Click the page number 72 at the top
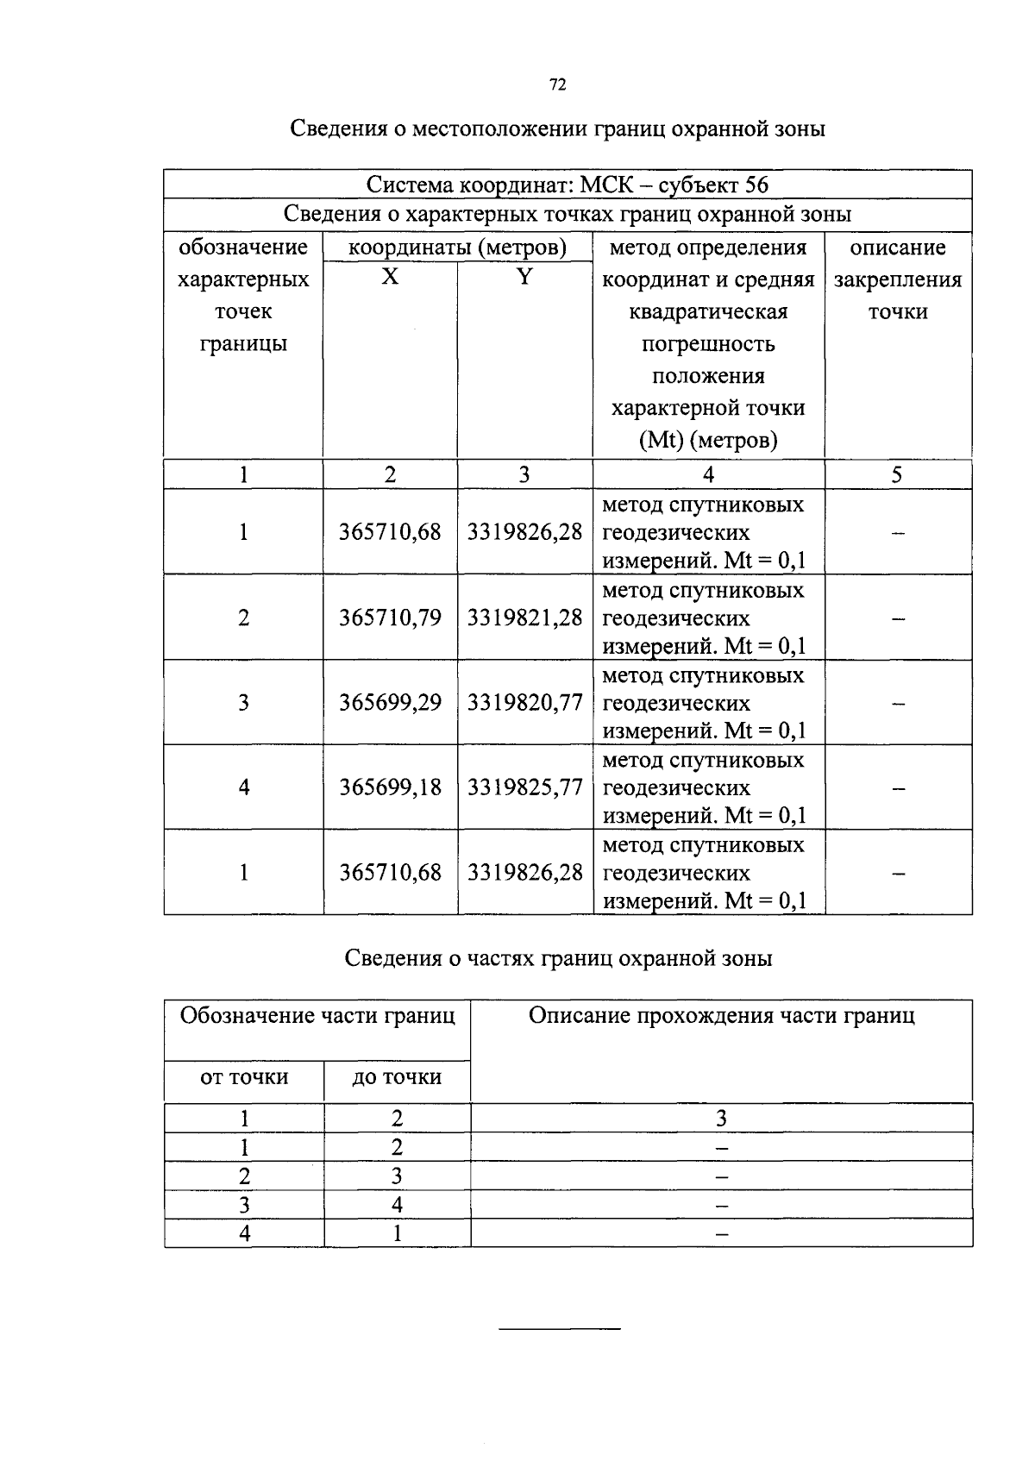point(557,85)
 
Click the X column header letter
point(391,277)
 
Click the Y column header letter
point(524,277)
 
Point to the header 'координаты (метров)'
point(457,248)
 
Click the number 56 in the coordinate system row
point(756,185)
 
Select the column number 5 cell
point(897,475)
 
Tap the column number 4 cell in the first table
point(708,475)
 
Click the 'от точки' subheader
point(244,1077)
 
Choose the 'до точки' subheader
point(397,1077)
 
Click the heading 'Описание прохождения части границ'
point(721,1016)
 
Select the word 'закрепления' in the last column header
point(898,280)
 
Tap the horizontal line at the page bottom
point(560,1329)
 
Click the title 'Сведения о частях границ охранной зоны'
point(558,958)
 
